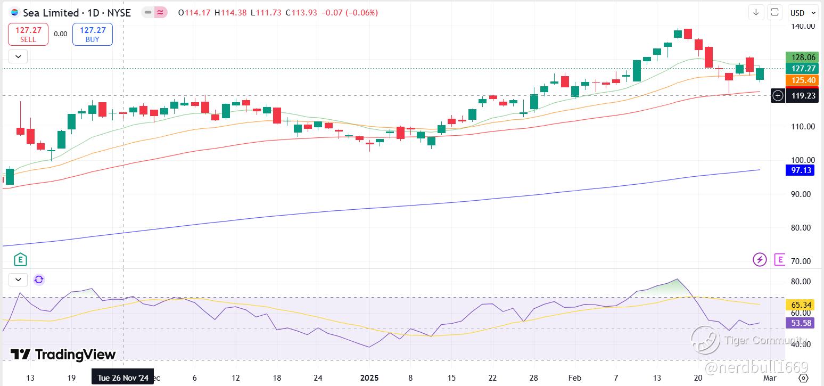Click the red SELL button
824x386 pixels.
(x=28, y=35)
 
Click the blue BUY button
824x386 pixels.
(x=93, y=35)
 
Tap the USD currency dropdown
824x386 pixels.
(x=803, y=13)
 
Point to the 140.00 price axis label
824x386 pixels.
(x=802, y=26)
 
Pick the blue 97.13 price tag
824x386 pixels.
(x=800, y=170)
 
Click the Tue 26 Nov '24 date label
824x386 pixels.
(x=122, y=377)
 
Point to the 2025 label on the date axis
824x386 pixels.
(x=369, y=377)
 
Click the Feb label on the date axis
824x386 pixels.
(x=575, y=377)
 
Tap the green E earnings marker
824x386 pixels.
(x=20, y=260)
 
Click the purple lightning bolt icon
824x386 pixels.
(x=760, y=259)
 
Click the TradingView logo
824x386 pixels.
(x=63, y=355)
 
